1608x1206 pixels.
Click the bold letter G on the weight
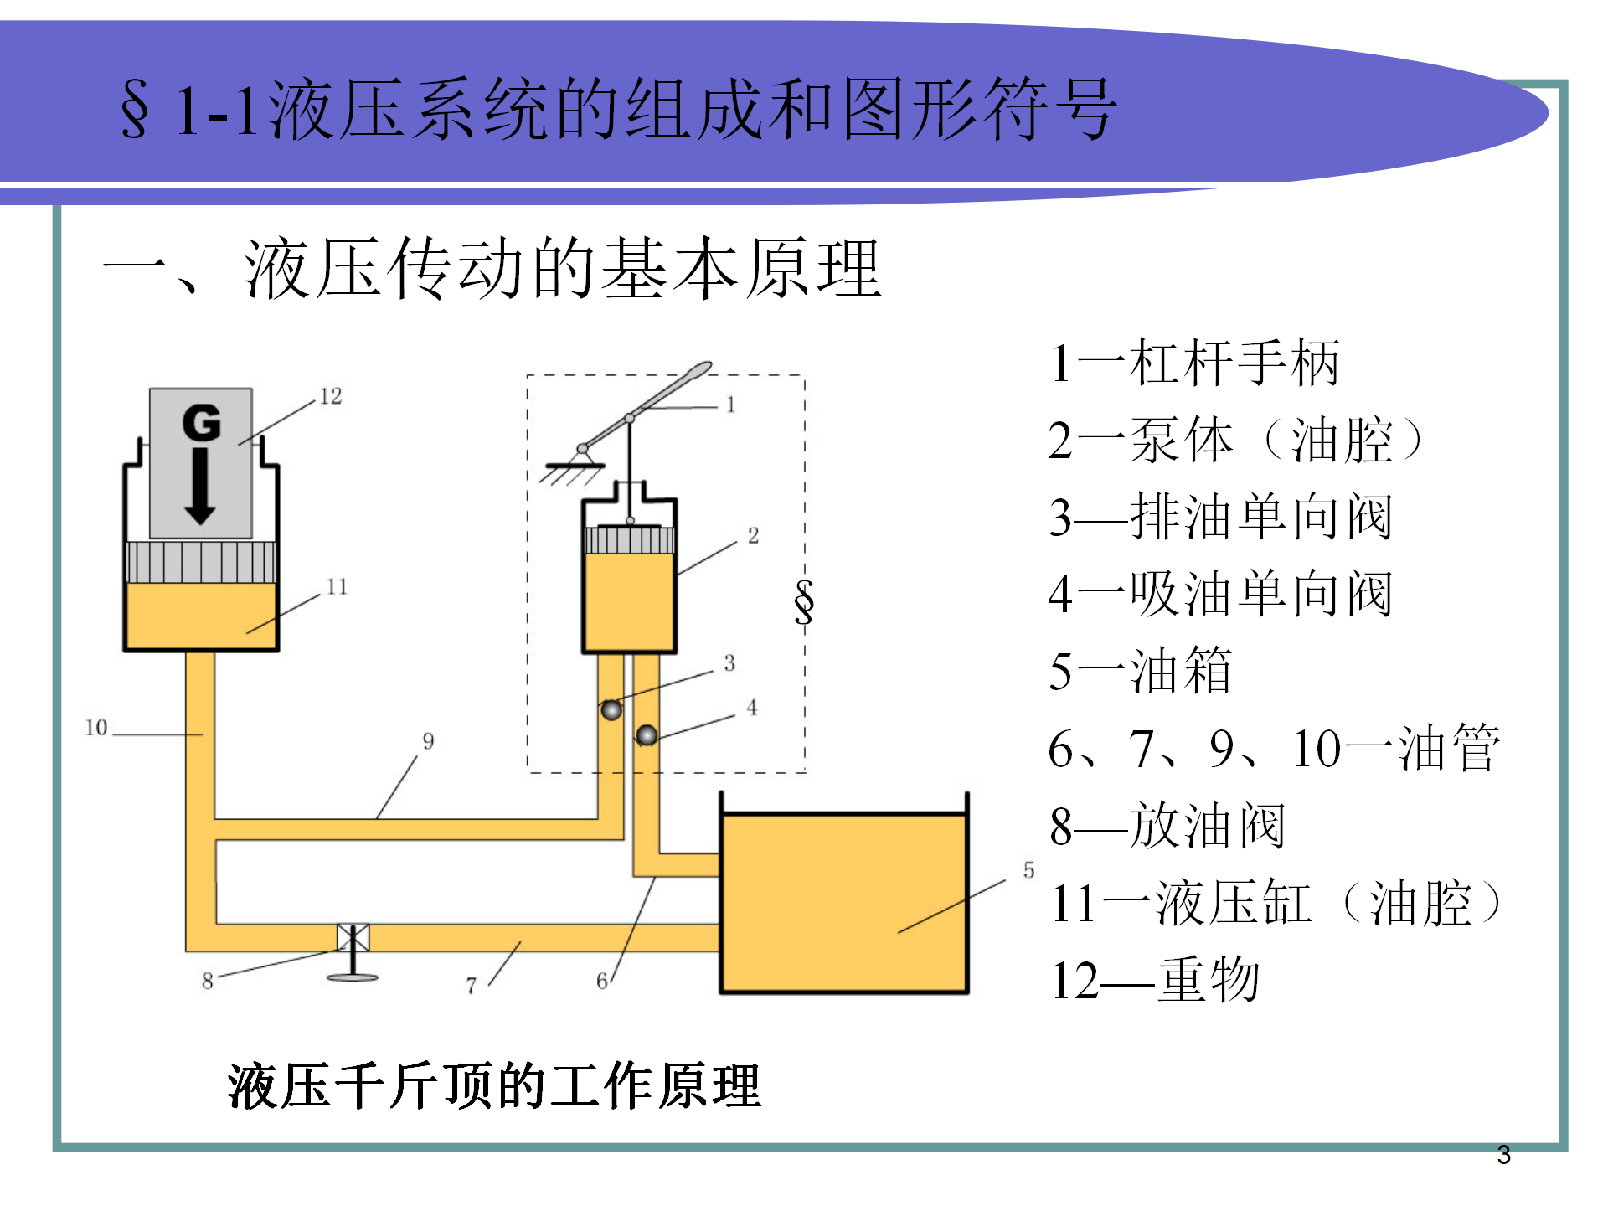coord(202,422)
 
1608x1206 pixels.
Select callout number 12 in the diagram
coord(331,396)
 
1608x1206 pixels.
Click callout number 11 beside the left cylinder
coord(337,587)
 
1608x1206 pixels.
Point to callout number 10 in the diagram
coord(96,728)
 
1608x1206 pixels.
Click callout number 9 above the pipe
coord(428,741)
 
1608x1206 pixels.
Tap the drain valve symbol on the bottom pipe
coord(353,938)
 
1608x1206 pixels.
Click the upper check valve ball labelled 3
coord(611,710)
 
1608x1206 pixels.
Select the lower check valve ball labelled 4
coord(647,736)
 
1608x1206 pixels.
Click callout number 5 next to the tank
coord(1028,871)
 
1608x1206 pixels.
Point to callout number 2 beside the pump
coord(753,536)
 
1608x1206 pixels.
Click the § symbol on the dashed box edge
coord(804,601)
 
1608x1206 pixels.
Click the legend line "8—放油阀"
coord(1167,826)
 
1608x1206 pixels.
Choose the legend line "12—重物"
coord(1155,980)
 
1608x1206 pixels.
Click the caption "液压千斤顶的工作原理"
coord(494,1086)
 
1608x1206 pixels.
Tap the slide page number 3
coord(1503,1156)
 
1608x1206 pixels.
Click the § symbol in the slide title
coord(136,110)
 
